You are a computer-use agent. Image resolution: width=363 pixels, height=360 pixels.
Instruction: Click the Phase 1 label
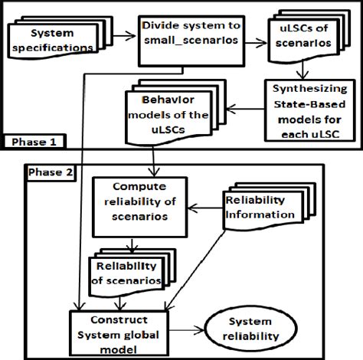(x=33, y=142)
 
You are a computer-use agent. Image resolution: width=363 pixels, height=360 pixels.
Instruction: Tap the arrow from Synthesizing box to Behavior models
(x=234, y=110)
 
